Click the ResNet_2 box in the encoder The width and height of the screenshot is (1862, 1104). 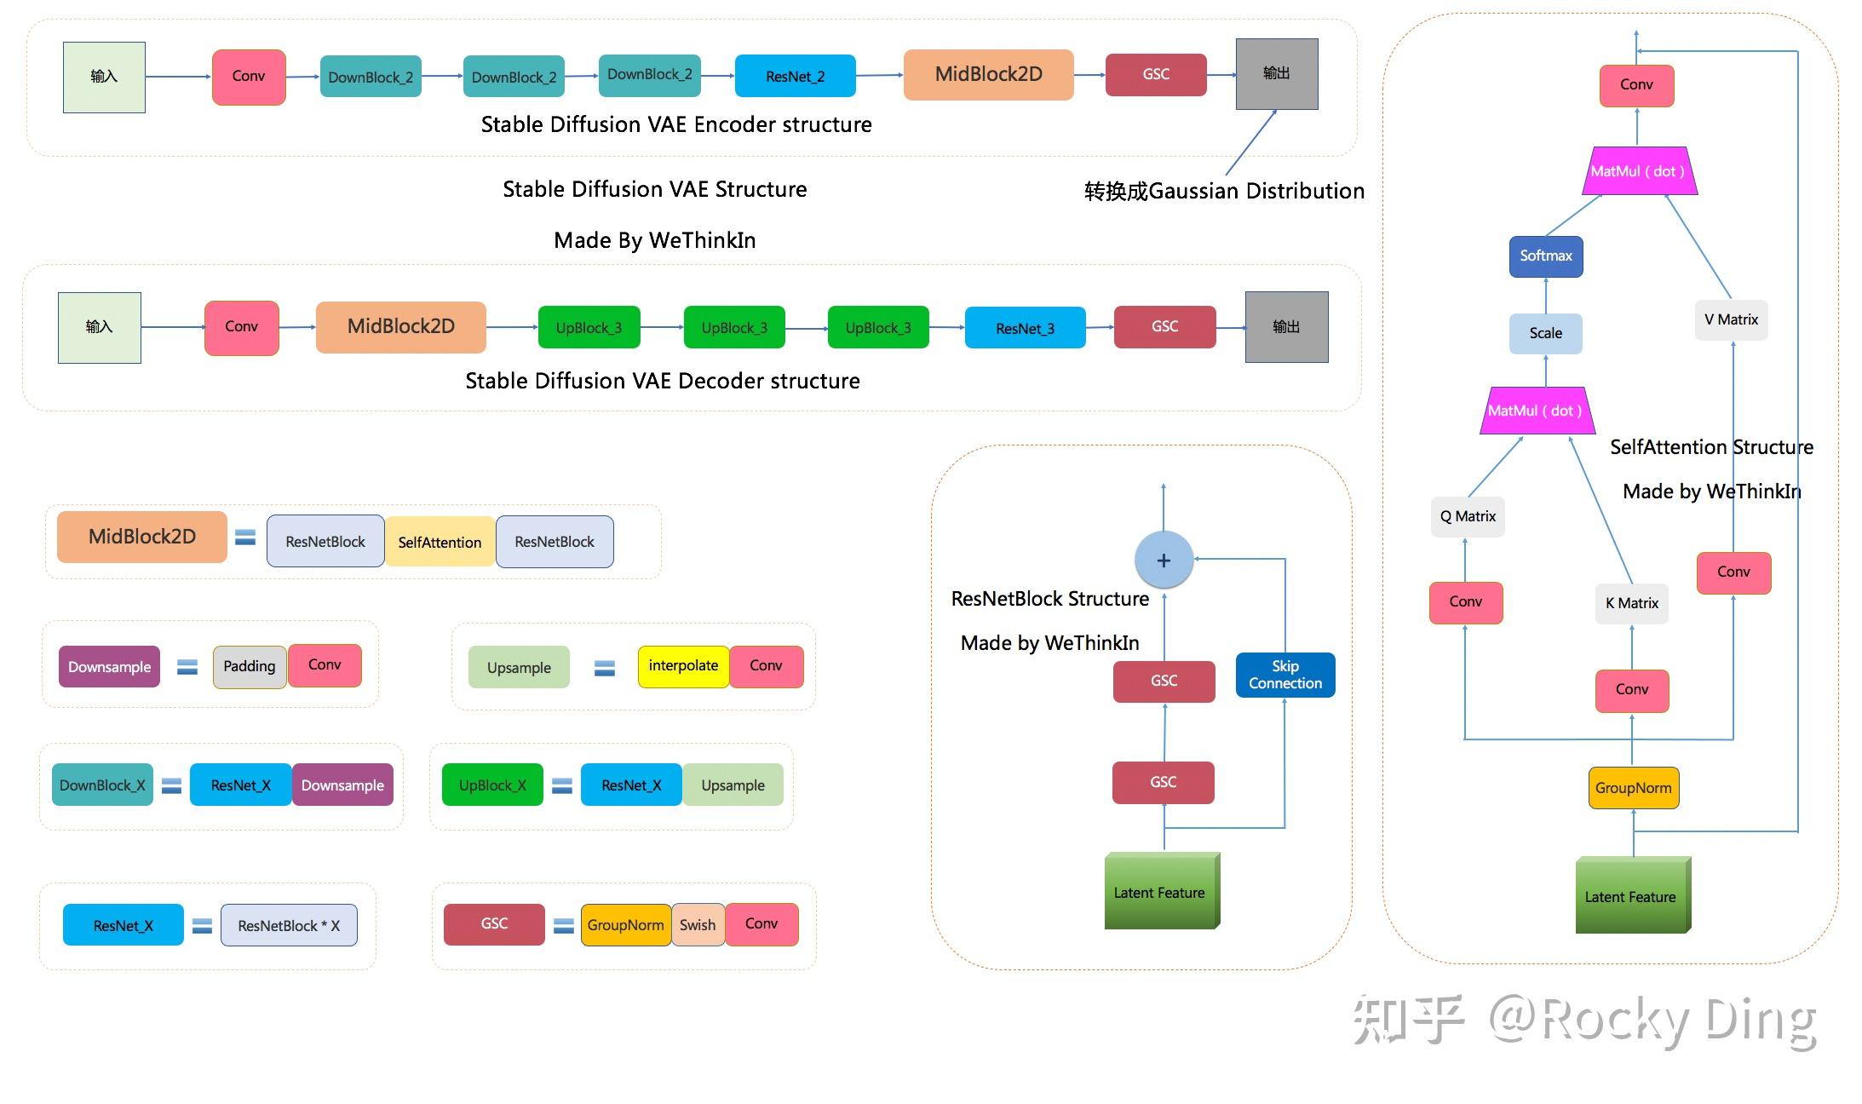pyautogui.click(x=795, y=76)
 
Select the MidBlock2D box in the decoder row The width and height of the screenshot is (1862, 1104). pyautogui.click(x=400, y=326)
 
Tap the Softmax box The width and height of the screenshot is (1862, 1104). pyautogui.click(x=1546, y=256)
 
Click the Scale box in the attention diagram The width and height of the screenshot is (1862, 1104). pyautogui.click(x=1545, y=333)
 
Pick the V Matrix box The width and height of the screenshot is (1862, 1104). pyautogui.click(x=1731, y=320)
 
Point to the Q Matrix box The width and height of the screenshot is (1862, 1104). pyautogui.click(x=1468, y=516)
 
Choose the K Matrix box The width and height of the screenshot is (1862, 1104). pyautogui.click(x=1631, y=604)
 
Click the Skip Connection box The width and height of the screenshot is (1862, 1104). pyautogui.click(x=1284, y=675)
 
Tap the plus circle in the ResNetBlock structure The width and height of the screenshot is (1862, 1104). pyautogui.click(x=1164, y=561)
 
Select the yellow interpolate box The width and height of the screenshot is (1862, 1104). pyautogui.click(x=683, y=666)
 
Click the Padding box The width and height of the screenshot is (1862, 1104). pyautogui.click(x=249, y=666)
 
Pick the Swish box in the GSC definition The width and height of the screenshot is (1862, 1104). pyautogui.click(x=698, y=925)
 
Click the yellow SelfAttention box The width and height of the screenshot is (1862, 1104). pyautogui.click(x=440, y=542)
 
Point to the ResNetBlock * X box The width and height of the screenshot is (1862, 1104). pyautogui.click(x=289, y=926)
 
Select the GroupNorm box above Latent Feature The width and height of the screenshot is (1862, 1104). pyautogui.click(x=1633, y=788)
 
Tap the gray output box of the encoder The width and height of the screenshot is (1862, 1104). pyautogui.click(x=1276, y=74)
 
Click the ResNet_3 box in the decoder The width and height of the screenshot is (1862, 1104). pyautogui.click(x=1025, y=329)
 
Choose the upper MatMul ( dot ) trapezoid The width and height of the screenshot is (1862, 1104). pyautogui.click(x=1638, y=171)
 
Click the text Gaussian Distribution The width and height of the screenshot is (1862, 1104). pyautogui.click(x=1256, y=191)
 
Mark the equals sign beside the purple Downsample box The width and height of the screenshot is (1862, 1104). pyautogui.click(x=187, y=667)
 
